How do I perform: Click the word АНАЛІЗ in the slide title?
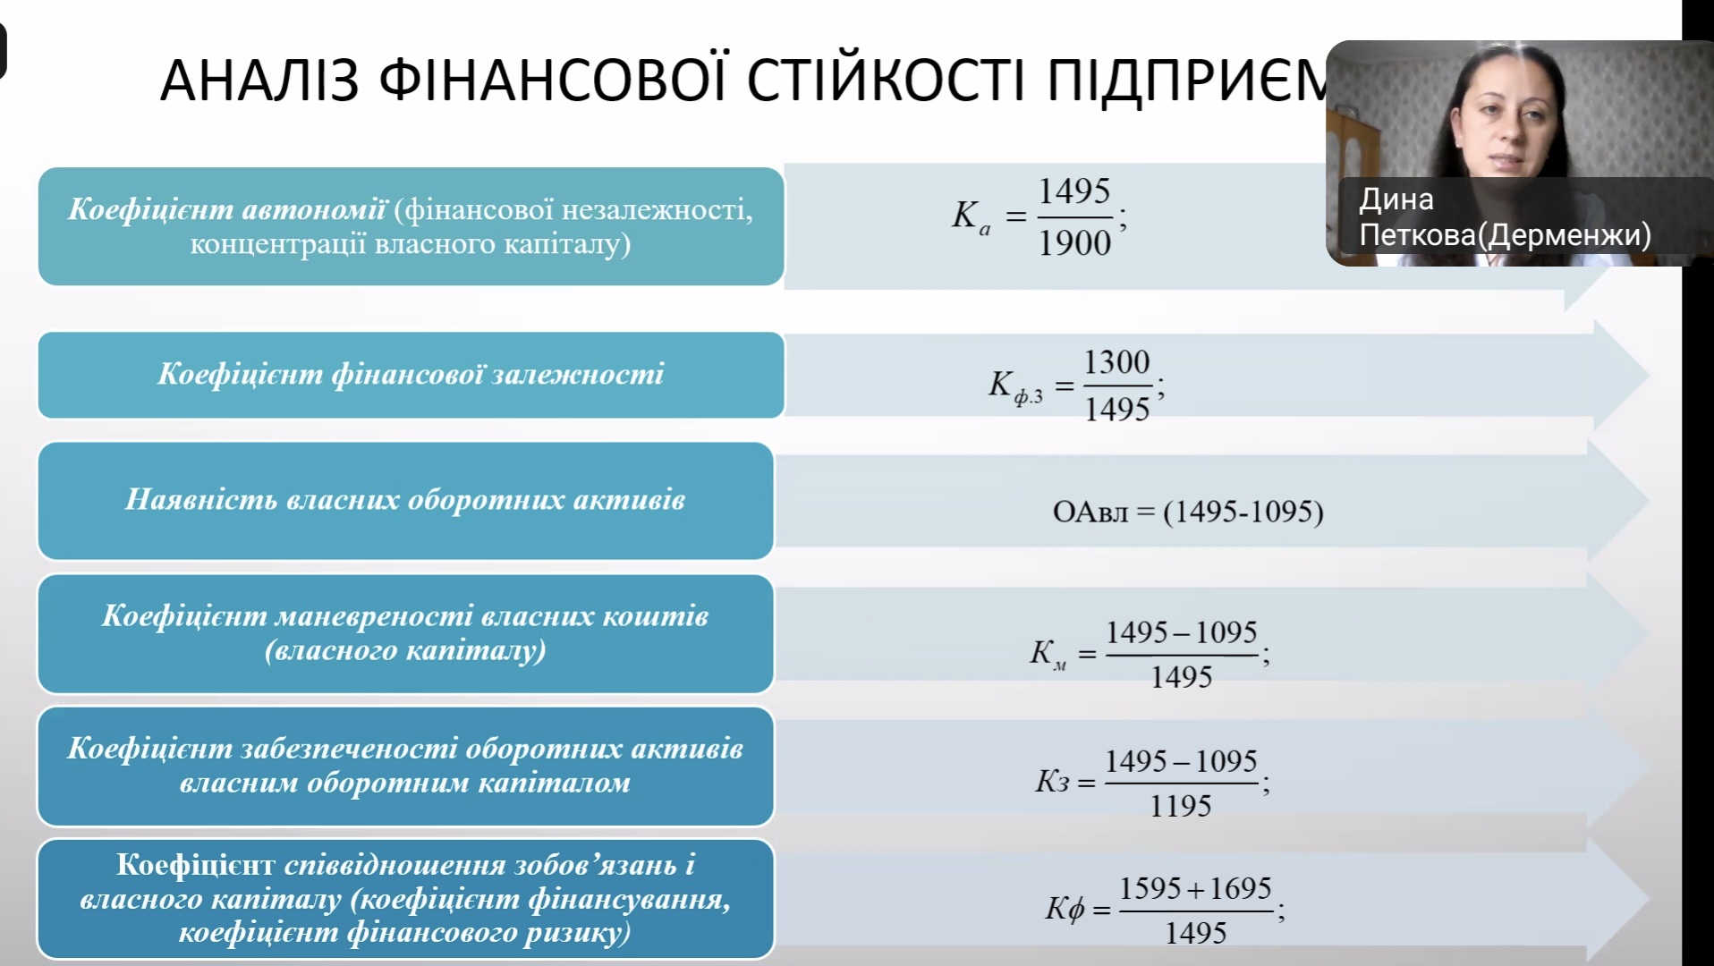[x=259, y=80]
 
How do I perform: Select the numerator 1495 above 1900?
[x=1074, y=191]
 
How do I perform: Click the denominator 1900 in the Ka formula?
[x=1074, y=242]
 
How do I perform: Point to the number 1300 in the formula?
[x=1116, y=362]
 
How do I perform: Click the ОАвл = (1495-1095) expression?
[x=1188, y=512]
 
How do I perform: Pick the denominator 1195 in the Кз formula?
[x=1181, y=806]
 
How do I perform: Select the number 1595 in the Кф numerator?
[x=1150, y=888]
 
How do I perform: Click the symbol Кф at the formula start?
[x=1065, y=909]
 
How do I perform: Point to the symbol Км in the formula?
[x=1048, y=654]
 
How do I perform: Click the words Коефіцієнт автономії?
[x=227, y=208]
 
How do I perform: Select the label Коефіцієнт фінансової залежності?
[x=411, y=374]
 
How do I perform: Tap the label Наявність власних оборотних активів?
[x=405, y=499]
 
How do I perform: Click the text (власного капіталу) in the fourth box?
[x=405, y=650]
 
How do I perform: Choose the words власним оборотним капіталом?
[x=405, y=783]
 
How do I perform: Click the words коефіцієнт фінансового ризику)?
[x=405, y=933]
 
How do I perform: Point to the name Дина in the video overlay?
[x=1396, y=199]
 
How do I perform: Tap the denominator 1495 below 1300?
[x=1116, y=410]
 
